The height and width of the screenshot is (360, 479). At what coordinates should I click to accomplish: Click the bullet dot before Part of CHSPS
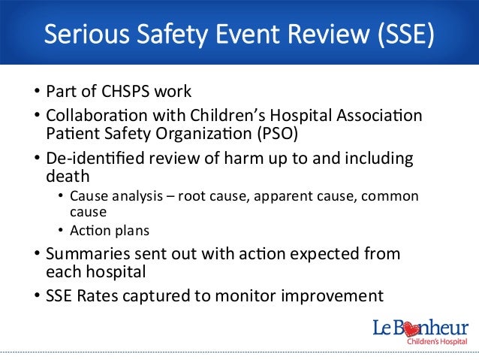pyautogui.click(x=37, y=93)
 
